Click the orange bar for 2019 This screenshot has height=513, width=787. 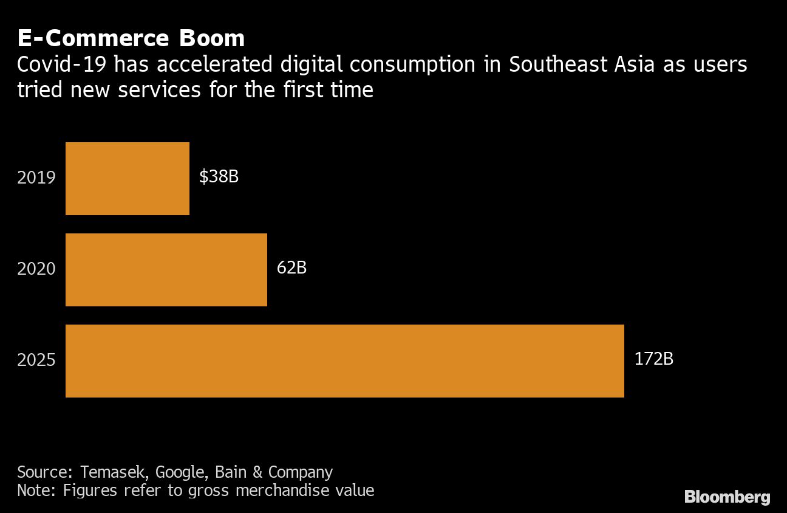tap(128, 179)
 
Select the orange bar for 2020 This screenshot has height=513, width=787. tap(166, 270)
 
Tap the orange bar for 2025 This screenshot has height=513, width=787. tap(344, 361)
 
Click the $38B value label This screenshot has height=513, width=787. tap(219, 177)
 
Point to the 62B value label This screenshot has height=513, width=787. tap(291, 267)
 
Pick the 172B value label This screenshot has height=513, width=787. tap(653, 359)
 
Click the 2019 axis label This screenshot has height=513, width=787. tap(36, 178)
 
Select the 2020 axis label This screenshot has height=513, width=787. tap(36, 269)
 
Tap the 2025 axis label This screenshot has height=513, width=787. tap(36, 360)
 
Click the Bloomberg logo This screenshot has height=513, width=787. tap(727, 497)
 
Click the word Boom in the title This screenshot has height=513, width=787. tap(211, 38)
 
